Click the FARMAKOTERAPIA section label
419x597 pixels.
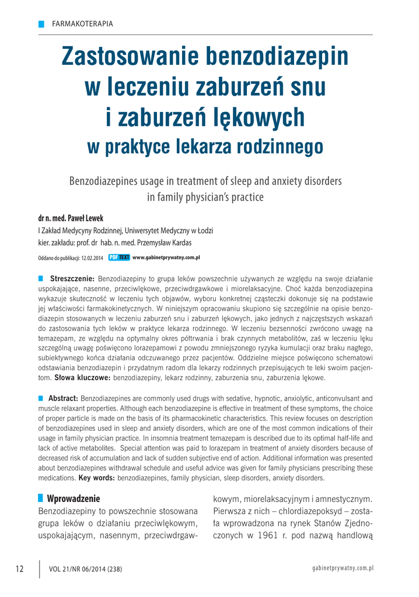tap(82, 24)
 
